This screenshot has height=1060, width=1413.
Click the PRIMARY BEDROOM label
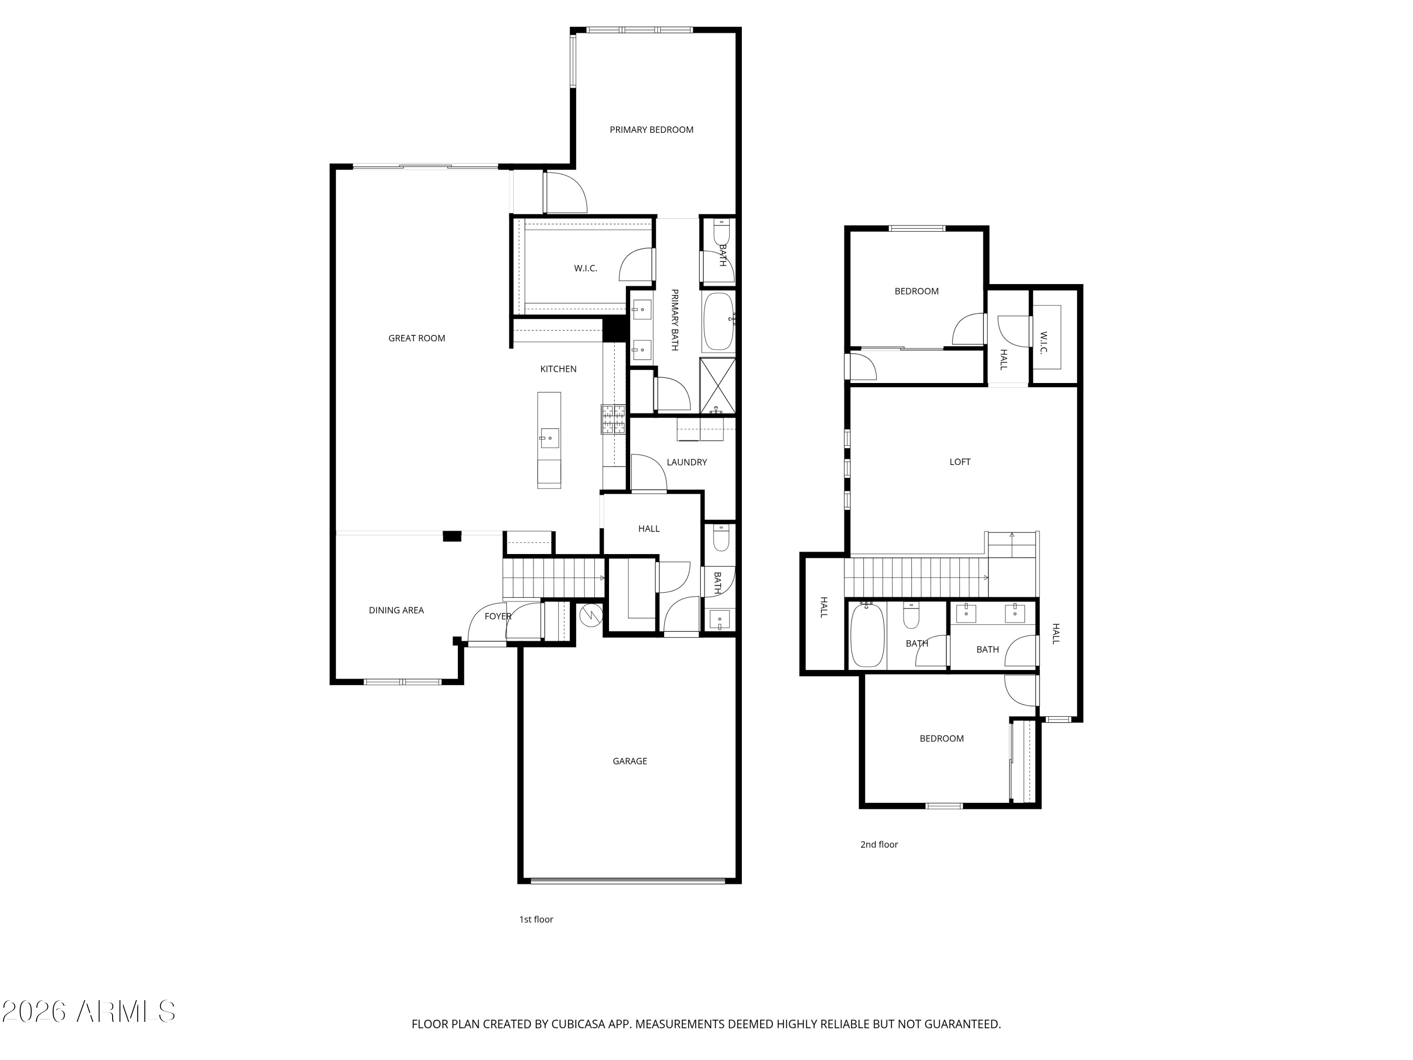tap(651, 130)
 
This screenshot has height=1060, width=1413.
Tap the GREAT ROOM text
tap(416, 338)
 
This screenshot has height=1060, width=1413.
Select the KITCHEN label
tap(558, 369)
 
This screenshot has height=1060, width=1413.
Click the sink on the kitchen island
tap(549, 438)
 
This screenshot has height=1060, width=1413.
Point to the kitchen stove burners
tap(613, 419)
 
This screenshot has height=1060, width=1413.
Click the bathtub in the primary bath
tap(719, 321)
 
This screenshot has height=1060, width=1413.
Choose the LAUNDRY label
tap(687, 462)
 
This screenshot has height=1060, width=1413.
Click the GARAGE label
tap(629, 761)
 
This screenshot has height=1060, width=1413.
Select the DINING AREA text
tap(396, 610)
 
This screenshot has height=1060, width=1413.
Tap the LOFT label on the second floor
tap(959, 461)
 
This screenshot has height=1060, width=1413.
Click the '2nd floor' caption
tap(878, 844)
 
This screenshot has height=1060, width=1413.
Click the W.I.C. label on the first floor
tap(585, 269)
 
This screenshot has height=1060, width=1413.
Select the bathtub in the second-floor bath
tap(867, 635)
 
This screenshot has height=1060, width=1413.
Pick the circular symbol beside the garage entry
tap(590, 616)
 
